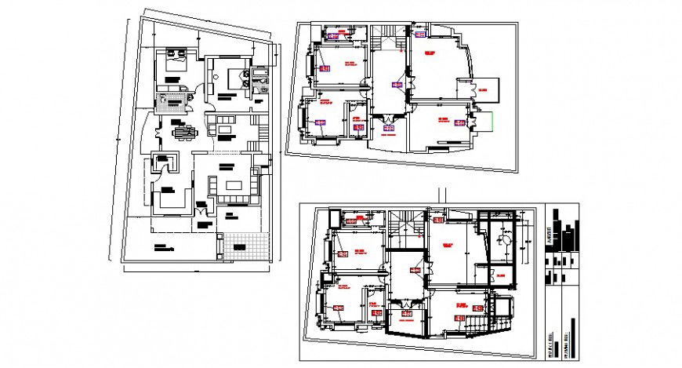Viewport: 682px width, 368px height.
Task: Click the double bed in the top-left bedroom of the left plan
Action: [x=174, y=61]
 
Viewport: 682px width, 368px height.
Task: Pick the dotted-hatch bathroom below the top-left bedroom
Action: [x=174, y=103]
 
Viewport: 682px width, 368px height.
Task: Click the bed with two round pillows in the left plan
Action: [x=232, y=78]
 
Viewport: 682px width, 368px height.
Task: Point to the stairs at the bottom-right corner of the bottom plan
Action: [x=477, y=324]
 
